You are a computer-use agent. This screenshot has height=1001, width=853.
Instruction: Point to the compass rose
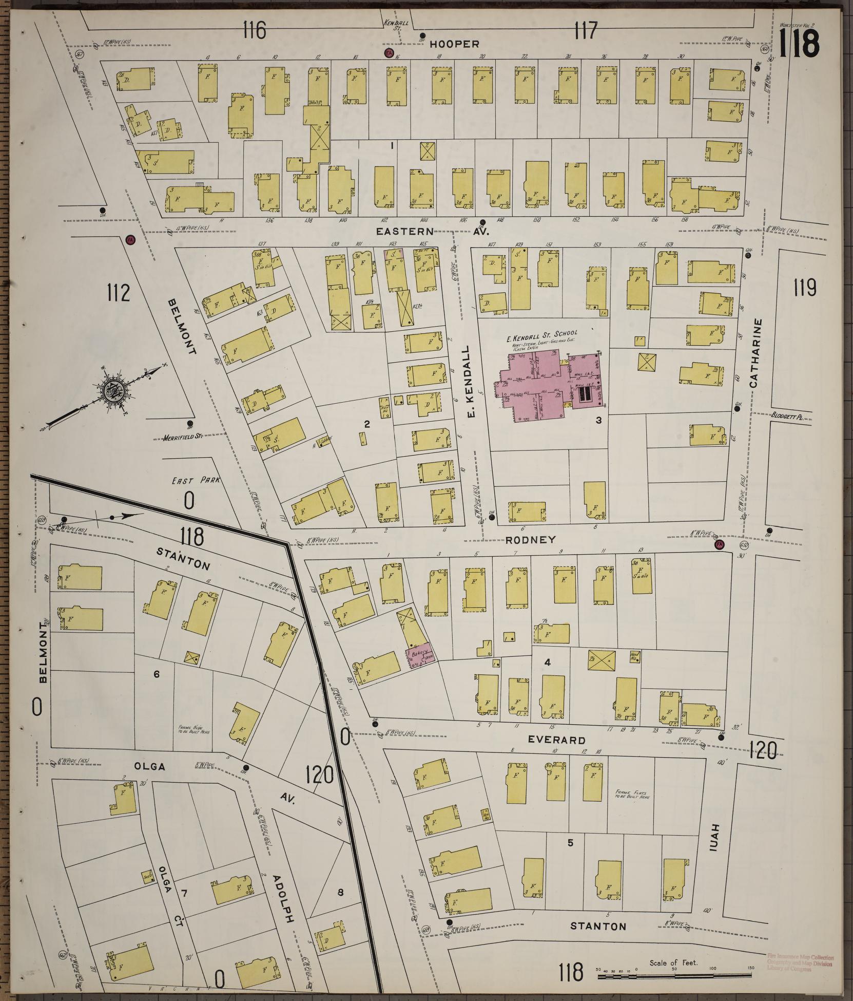click(111, 391)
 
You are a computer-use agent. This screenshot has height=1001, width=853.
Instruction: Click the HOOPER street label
click(454, 44)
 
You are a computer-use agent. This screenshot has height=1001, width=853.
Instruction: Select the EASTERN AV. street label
click(431, 232)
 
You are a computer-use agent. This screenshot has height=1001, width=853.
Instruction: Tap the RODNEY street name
click(531, 539)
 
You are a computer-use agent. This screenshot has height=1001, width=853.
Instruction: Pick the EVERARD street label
click(556, 740)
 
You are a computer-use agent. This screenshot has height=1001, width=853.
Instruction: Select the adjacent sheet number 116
click(255, 31)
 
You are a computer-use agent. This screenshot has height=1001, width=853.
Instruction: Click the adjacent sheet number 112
click(119, 293)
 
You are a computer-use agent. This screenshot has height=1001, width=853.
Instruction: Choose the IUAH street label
click(714, 839)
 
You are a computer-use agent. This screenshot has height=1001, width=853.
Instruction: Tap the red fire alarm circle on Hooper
click(388, 53)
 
